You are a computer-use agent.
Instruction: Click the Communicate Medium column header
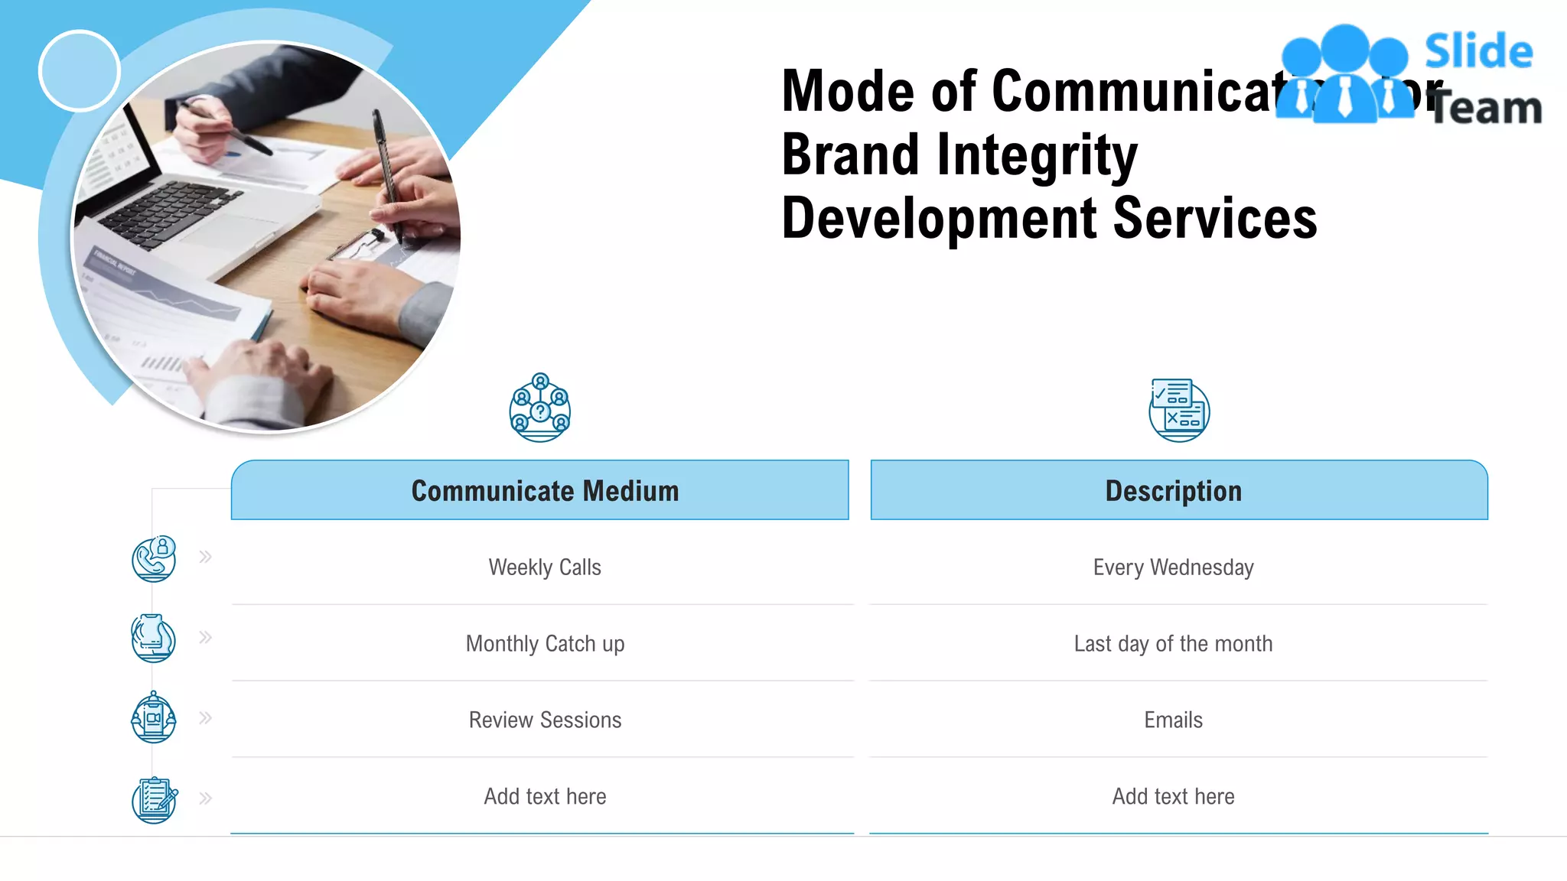tap(544, 490)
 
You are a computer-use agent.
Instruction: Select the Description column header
tap(1173, 490)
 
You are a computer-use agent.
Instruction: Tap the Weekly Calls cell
tap(544, 567)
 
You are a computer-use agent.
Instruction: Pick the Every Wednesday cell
tap(1173, 567)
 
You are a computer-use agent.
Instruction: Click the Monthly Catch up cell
tap(544, 644)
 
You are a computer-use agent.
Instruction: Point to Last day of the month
tap(1173, 644)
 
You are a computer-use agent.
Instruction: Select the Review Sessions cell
tap(544, 720)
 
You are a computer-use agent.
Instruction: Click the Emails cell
tap(1173, 720)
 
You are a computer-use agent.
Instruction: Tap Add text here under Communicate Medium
tap(544, 797)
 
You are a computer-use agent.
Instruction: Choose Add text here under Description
tap(1173, 797)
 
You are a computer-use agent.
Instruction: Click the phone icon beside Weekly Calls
tap(154, 559)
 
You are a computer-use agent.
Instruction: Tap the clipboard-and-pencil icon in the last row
tap(155, 800)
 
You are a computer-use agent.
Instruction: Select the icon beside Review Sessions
tap(154, 718)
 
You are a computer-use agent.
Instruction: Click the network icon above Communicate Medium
tap(540, 408)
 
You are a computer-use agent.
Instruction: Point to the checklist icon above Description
tap(1178, 410)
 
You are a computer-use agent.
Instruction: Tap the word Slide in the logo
tap(1478, 52)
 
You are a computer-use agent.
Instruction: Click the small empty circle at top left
tap(80, 71)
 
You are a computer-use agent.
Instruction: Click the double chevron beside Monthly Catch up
tap(205, 637)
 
